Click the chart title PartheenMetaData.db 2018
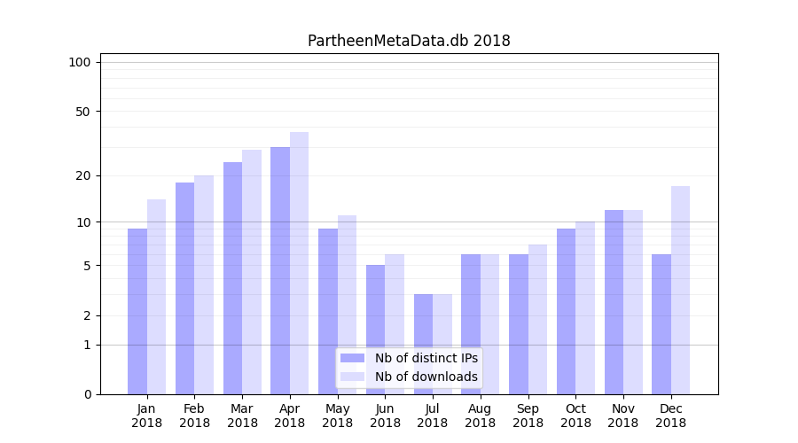coord(409,41)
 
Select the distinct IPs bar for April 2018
coord(280,270)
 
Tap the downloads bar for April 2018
coord(299,263)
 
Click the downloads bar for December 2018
coord(680,290)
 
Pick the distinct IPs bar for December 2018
coord(661,324)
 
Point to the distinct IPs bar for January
coord(137,311)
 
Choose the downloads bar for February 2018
coord(204,284)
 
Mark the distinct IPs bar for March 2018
coord(232,278)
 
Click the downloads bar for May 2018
coord(347,305)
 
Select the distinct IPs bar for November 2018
coord(614,302)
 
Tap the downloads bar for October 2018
coord(585,307)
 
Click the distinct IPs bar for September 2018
coord(519,324)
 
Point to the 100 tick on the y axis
coord(80,62)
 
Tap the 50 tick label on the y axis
coord(83,112)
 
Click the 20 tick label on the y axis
coord(83,175)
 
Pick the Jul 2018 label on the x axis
coord(433,416)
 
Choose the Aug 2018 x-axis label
coord(481,416)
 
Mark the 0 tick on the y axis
coord(87,394)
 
